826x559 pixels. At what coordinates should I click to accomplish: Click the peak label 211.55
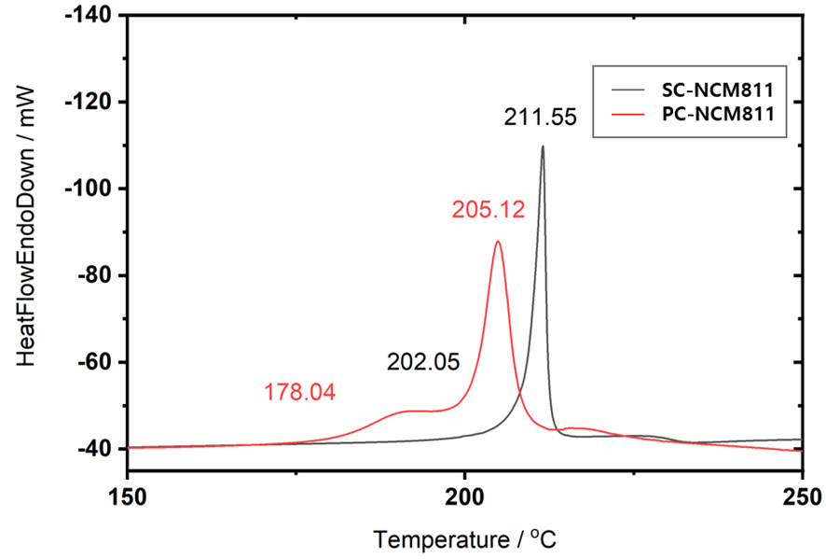click(x=541, y=119)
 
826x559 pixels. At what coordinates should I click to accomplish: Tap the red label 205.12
click(x=489, y=210)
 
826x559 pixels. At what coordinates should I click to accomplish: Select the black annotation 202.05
click(x=423, y=362)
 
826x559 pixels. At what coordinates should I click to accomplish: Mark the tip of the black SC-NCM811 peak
click(x=543, y=147)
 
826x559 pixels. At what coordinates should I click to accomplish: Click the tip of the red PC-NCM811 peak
click(x=498, y=242)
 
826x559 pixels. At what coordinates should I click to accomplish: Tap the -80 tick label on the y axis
click(x=90, y=275)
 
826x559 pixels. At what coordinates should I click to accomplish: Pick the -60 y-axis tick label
click(x=90, y=362)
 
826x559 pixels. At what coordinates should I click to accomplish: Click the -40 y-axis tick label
click(x=90, y=449)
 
